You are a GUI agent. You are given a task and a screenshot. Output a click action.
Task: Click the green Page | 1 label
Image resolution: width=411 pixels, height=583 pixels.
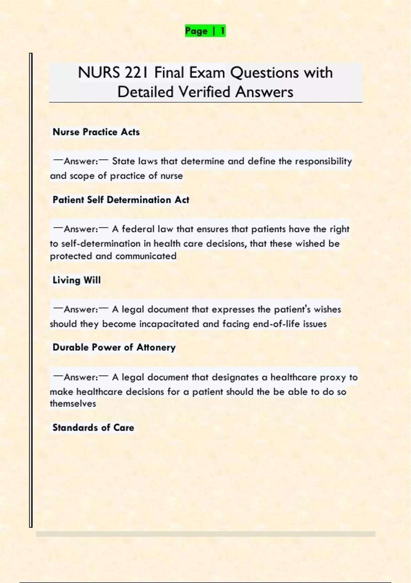(205, 31)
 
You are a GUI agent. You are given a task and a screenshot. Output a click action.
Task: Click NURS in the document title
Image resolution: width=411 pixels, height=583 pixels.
(99, 73)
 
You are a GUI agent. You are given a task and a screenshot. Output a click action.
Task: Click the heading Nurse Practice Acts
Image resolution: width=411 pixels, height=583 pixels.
(96, 132)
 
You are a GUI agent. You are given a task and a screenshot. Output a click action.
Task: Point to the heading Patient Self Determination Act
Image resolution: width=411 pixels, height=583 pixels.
(121, 200)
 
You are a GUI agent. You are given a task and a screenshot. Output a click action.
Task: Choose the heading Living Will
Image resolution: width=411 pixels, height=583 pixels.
(76, 280)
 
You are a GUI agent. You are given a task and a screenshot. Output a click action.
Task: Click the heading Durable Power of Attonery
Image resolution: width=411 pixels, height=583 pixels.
(114, 347)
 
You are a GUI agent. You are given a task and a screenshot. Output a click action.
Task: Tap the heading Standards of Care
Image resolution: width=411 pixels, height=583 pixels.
(93, 428)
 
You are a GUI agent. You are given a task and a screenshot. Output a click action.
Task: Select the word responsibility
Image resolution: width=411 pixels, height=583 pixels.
(323, 161)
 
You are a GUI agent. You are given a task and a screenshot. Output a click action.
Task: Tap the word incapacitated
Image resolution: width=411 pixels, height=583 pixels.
(169, 324)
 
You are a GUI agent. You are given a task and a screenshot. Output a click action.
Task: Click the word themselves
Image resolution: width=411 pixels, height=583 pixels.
(73, 404)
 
